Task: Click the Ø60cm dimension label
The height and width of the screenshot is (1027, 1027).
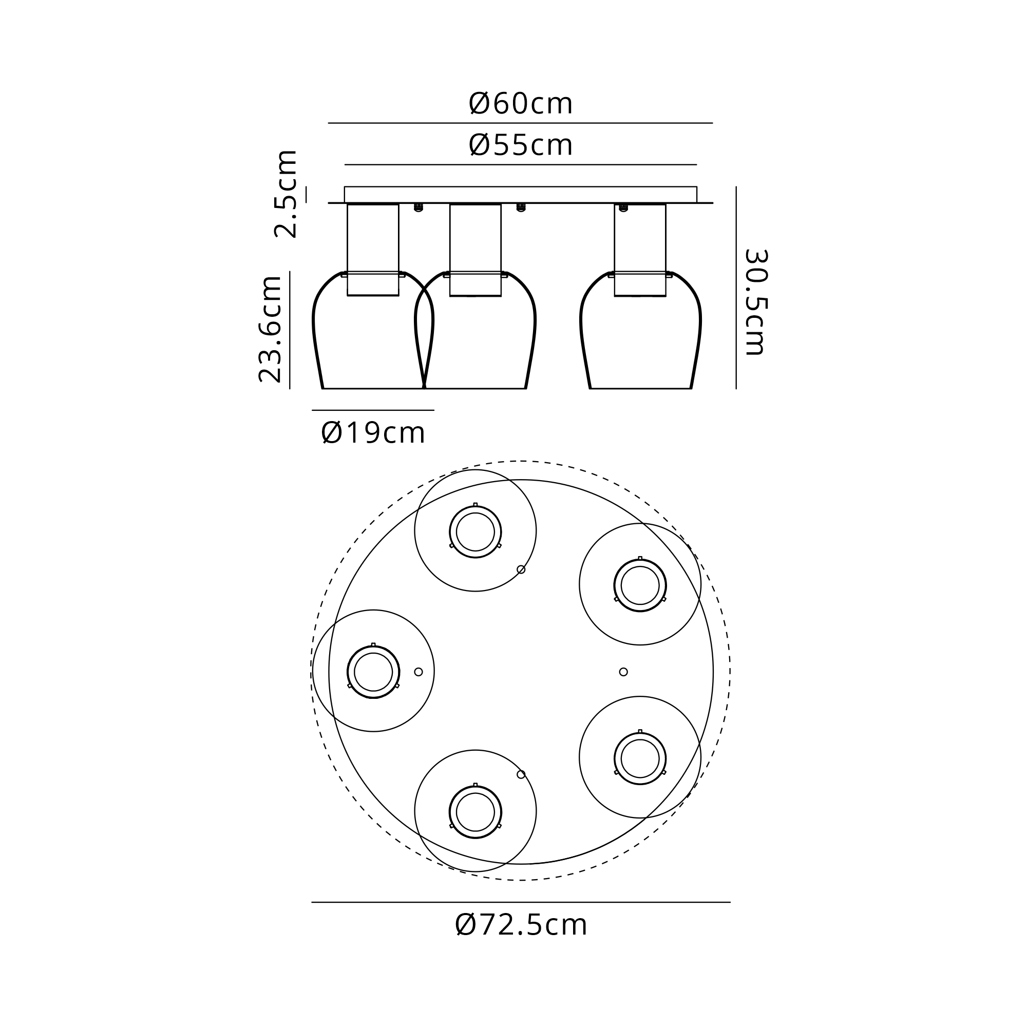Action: pyautogui.click(x=520, y=104)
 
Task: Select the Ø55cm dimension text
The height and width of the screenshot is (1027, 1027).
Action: pyautogui.click(x=520, y=145)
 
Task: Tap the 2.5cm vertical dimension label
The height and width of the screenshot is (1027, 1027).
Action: pyautogui.click(x=286, y=194)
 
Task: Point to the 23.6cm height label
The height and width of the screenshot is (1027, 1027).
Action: pyautogui.click(x=270, y=329)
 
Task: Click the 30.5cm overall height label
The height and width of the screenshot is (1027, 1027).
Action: pyautogui.click(x=755, y=302)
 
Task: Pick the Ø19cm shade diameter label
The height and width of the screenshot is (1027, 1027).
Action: pyautogui.click(x=373, y=433)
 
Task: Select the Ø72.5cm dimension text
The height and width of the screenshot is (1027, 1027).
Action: pyautogui.click(x=521, y=925)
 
